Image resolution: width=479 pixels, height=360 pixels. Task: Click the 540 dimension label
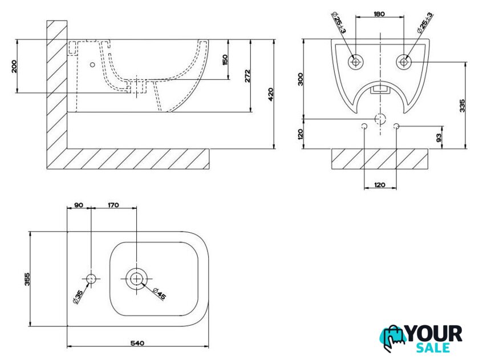(137, 343)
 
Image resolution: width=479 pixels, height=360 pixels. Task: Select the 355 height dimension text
(27, 279)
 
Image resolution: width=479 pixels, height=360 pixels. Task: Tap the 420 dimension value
(270, 94)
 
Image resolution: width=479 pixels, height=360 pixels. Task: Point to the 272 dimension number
(247, 76)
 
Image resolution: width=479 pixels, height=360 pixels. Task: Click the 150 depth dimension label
(225, 59)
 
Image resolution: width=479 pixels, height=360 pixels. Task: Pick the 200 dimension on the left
(14, 66)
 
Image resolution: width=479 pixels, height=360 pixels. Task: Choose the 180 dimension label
(379, 14)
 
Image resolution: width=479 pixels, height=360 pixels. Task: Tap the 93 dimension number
(439, 138)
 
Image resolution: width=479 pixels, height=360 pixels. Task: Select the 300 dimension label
(301, 79)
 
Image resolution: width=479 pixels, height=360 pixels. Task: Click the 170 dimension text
(113, 205)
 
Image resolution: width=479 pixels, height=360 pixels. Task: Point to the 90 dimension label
(79, 205)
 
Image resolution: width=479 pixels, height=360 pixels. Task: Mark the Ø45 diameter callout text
(159, 294)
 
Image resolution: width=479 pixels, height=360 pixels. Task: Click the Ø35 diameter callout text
(78, 297)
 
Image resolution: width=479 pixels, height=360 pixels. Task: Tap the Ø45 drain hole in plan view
(136, 279)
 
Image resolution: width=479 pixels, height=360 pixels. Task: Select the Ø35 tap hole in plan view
(91, 279)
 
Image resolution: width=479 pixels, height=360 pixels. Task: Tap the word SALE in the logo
(433, 348)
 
